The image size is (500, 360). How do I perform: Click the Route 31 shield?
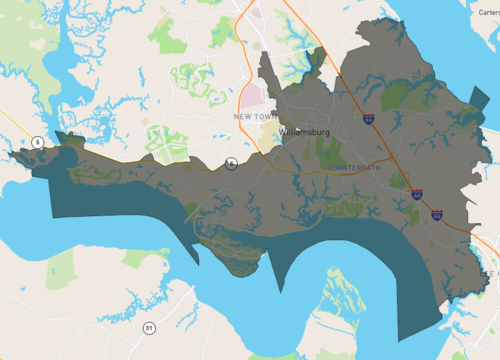tap(149, 327)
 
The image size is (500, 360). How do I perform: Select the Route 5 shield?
tap(36, 141)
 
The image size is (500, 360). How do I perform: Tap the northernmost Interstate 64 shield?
tap(369, 119)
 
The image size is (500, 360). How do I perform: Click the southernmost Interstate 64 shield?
tap(438, 213)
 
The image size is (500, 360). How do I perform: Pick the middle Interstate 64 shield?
tap(416, 194)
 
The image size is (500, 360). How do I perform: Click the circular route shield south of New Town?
tap(232, 161)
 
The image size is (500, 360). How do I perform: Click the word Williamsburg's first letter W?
tap(285, 130)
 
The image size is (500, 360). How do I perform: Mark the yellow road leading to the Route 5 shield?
tap(15, 124)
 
